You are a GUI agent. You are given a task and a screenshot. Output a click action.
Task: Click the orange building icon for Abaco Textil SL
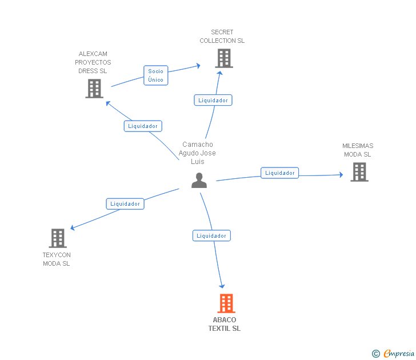226,303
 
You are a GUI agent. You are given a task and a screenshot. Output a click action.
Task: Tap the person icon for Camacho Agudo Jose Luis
199,181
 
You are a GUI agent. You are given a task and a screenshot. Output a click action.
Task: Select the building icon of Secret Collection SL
223,58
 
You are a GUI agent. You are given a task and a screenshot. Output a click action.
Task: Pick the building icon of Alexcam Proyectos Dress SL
94,89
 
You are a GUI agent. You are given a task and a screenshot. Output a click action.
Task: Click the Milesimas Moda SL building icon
359,172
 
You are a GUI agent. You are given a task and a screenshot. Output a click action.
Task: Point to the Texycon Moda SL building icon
58,238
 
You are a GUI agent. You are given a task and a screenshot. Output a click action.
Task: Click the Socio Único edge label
155,75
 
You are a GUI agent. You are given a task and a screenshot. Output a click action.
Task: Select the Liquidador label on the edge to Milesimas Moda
279,173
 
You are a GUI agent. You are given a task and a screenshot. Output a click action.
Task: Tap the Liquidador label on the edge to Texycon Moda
125,203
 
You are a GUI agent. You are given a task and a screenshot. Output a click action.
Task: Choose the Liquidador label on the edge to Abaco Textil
211,235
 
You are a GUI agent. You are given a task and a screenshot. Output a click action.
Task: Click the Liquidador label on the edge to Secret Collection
213,100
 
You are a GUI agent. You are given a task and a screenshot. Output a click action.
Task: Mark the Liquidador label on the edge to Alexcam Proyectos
143,126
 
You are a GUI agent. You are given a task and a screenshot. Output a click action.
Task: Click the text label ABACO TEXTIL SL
224,324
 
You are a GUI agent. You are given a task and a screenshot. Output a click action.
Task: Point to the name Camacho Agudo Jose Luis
197,153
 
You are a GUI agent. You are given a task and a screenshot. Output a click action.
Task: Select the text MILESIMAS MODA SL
358,150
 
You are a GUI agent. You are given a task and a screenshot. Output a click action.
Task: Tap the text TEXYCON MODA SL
57,259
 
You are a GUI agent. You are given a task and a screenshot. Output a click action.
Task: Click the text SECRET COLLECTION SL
222,37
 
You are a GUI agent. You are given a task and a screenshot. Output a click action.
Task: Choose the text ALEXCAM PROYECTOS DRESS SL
93,62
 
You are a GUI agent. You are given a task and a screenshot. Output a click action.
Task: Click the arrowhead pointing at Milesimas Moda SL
341,175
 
